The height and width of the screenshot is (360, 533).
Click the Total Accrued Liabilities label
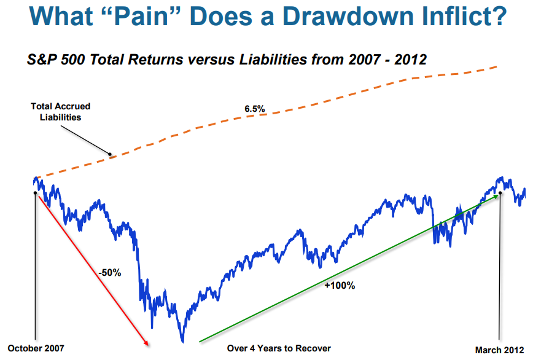point(61,112)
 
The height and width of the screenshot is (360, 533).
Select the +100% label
point(339,286)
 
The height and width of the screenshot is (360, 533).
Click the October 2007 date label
point(35,348)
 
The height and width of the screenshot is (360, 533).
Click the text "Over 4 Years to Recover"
point(279,348)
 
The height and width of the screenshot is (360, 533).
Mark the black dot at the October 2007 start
point(34,192)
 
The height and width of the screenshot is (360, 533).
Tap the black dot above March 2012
point(500,193)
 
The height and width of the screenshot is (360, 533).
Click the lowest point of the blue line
point(182,341)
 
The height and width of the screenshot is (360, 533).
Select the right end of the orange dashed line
point(497,66)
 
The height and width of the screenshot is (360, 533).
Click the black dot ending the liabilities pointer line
point(110,154)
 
